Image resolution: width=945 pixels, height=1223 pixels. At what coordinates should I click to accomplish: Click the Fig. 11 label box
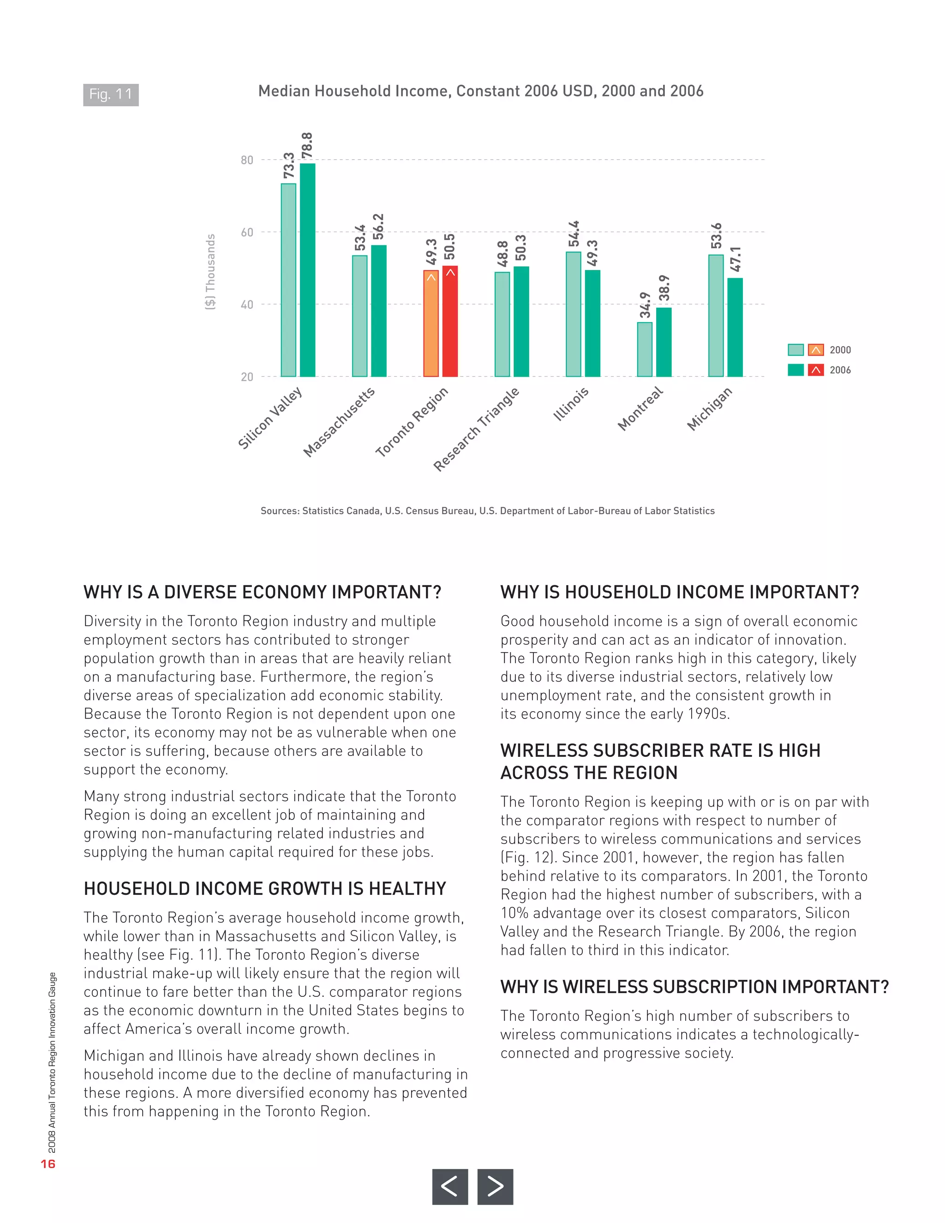111,95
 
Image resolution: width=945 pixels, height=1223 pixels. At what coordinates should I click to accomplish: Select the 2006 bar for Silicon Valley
307,270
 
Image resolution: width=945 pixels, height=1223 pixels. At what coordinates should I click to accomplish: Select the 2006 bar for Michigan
735,328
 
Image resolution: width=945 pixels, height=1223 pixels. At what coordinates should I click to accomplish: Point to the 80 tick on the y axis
247,160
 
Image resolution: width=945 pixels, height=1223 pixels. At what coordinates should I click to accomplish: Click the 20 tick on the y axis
247,377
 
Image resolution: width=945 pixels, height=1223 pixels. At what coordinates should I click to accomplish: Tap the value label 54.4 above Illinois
574,234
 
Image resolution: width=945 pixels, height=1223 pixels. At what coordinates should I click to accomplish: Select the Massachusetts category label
339,422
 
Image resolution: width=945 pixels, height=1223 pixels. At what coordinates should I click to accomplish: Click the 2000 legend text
840,350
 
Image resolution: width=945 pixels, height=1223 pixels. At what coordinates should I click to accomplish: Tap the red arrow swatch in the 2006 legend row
816,370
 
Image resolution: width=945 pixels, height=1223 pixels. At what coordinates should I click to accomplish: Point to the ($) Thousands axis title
210,271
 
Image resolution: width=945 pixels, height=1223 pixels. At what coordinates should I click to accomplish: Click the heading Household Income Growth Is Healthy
265,889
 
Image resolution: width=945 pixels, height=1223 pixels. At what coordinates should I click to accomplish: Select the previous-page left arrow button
449,1186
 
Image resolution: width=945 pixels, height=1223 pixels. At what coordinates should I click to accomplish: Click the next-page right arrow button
495,1186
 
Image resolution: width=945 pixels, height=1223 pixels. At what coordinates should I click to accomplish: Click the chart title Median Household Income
480,91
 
